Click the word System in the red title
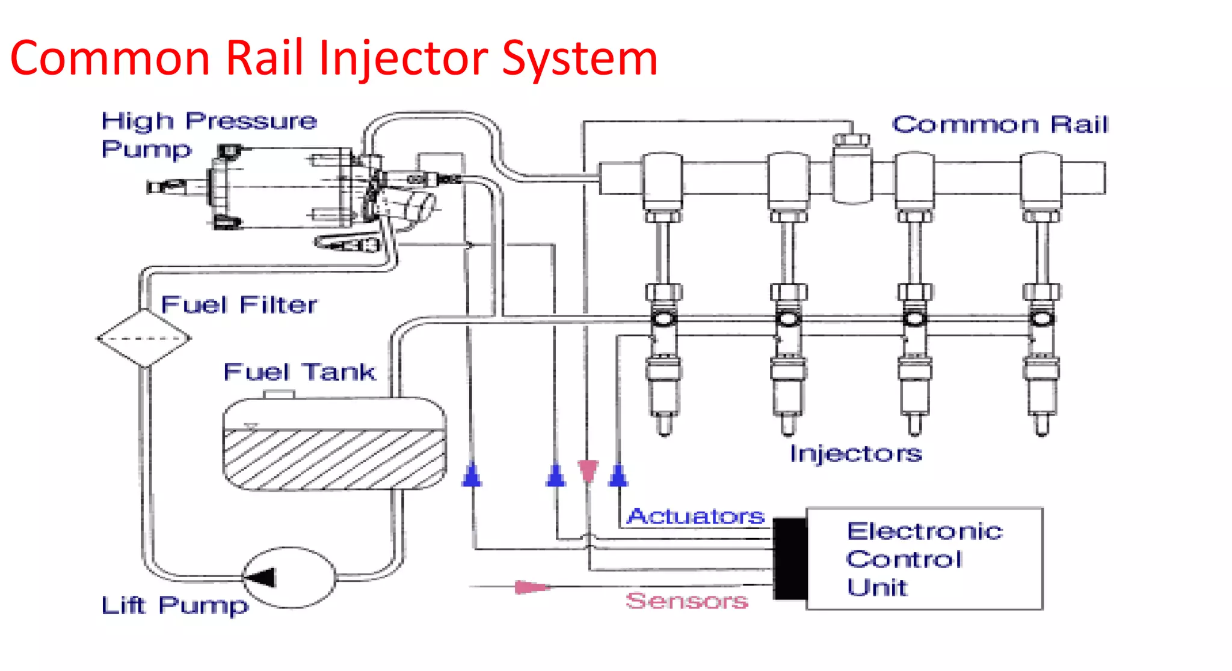point(579,58)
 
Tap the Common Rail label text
point(999,125)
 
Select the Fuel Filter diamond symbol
point(144,338)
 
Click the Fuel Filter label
point(239,305)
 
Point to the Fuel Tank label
point(299,372)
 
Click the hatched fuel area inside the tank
point(334,459)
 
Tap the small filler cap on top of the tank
point(279,394)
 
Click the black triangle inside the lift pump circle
point(262,578)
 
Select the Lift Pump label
point(174,605)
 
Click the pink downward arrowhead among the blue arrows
point(588,470)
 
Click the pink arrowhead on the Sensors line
point(531,587)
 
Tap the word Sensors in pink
point(686,601)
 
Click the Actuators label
point(695,516)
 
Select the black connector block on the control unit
point(789,558)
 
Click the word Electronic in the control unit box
point(924,531)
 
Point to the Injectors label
point(855,453)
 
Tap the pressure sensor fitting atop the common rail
point(851,140)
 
